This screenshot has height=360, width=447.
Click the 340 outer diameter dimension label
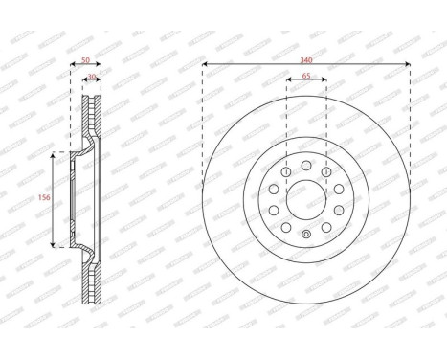point(306,59)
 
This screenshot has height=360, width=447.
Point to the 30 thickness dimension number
point(92,78)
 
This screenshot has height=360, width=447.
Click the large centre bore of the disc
point(306,199)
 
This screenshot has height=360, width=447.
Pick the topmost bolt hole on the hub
point(306,165)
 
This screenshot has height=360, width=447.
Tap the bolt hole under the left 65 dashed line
point(286,171)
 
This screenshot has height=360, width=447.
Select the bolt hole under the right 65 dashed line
point(326,171)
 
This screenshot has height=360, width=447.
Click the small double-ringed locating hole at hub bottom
point(306,236)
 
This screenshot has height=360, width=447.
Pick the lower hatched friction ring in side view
point(94,278)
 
